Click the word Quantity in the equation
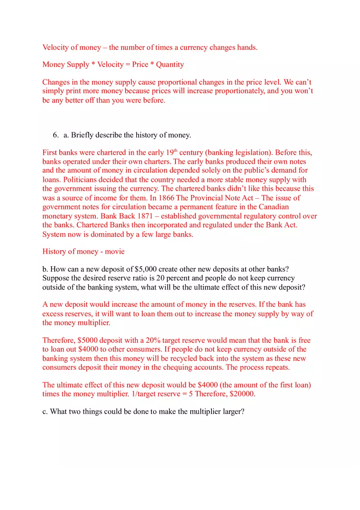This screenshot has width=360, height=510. pyautogui.click(x=170, y=65)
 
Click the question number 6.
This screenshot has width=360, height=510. pyautogui.click(x=55, y=135)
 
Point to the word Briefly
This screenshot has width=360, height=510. pyautogui.click(x=84, y=135)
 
